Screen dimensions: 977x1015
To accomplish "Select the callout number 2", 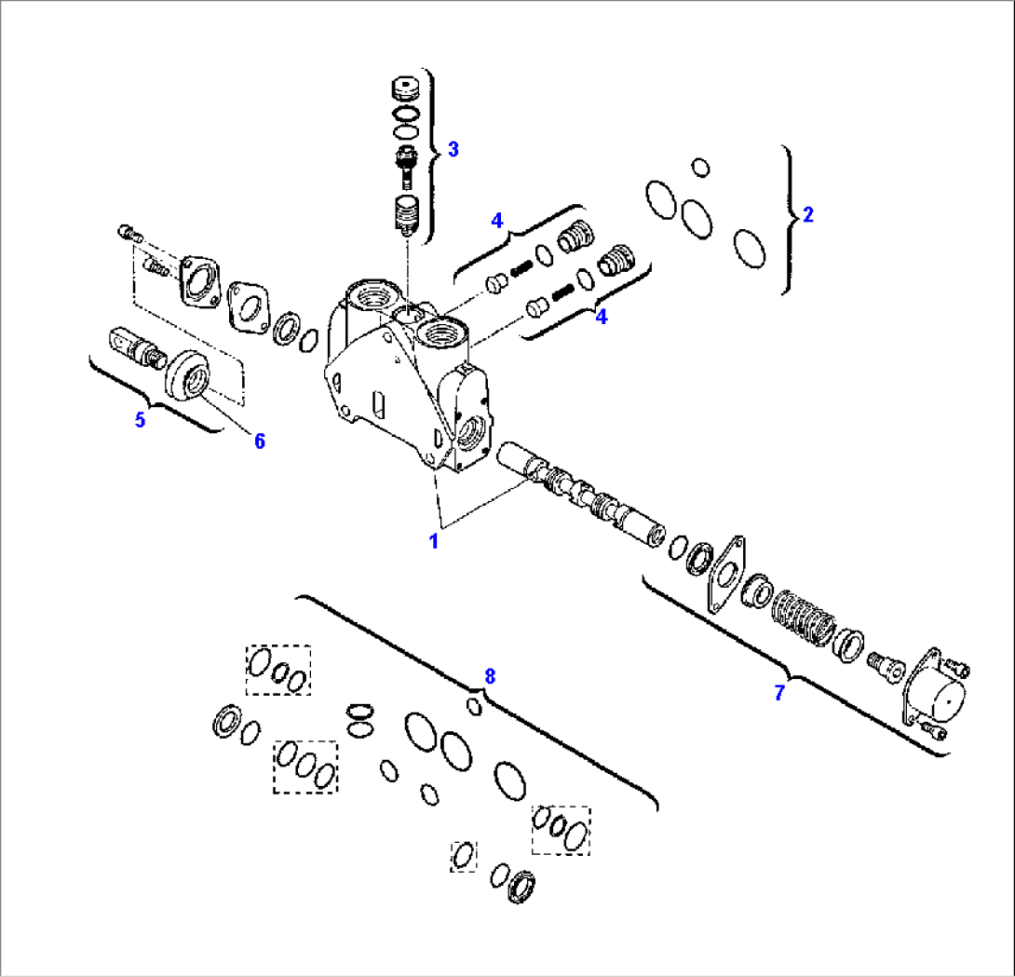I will point(808,215).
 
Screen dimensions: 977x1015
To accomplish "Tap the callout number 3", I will point(453,149).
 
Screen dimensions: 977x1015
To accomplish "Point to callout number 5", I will point(140,420).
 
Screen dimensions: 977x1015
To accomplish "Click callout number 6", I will point(259,441).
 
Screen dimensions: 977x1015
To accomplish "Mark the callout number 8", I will point(489,676).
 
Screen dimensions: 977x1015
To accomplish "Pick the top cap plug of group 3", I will point(404,91).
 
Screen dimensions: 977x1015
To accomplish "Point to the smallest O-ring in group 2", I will point(700,168).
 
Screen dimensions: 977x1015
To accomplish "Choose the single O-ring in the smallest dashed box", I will point(464,855).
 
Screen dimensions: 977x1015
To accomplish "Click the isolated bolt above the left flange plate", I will point(129,232).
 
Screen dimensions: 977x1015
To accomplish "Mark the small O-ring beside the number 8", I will point(475,707).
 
